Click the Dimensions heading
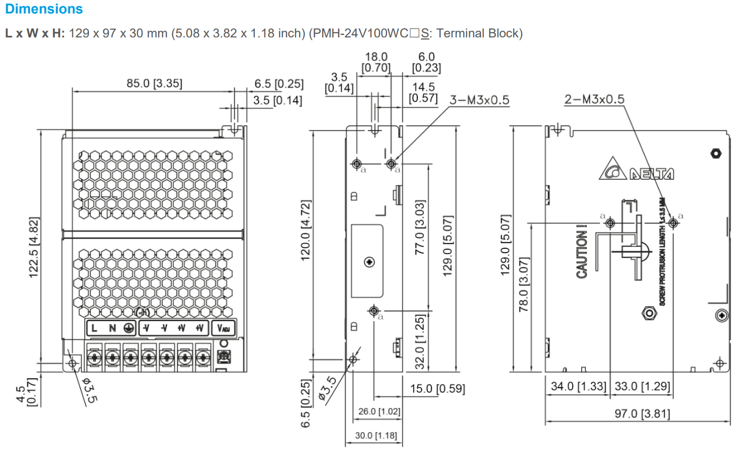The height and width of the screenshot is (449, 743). (44, 9)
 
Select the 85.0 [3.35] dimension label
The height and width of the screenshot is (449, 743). (155, 83)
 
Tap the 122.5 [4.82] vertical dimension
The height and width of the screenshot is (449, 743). (34, 247)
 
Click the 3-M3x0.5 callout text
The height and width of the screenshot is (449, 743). (479, 100)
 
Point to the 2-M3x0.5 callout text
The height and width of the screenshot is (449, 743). (594, 99)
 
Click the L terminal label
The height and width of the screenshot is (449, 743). (94, 328)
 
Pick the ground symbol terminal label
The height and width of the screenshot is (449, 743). (129, 328)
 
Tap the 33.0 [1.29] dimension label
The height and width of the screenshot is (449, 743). (642, 387)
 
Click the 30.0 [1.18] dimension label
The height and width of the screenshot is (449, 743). (375, 435)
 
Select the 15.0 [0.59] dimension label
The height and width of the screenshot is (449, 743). (437, 389)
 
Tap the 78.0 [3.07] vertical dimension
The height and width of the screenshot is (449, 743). (524, 284)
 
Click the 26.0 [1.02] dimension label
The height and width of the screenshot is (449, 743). (379, 412)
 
